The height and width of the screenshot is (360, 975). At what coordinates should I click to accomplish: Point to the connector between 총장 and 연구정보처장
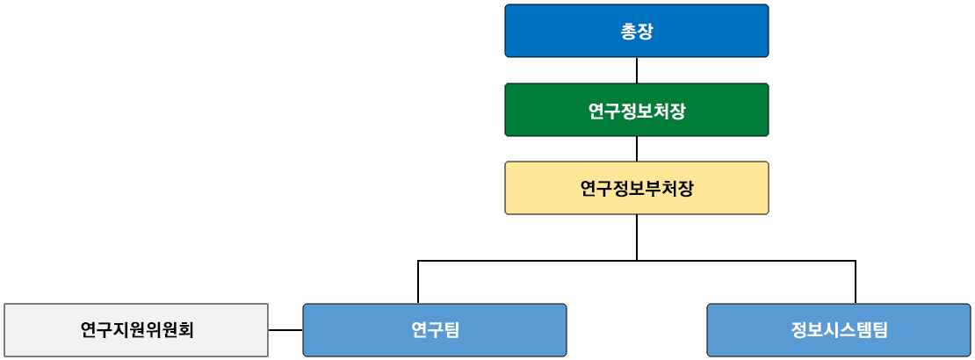[637, 70]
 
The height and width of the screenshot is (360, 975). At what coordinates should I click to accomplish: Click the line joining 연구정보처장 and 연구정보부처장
[637, 148]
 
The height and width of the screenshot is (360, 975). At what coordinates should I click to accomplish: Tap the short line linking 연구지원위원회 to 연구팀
[285, 330]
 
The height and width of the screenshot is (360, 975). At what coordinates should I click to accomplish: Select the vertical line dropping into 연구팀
[418, 283]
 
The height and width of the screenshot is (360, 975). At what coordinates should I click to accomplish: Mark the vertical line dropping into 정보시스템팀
[856, 283]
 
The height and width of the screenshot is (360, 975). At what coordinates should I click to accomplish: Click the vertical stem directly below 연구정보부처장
[637, 237]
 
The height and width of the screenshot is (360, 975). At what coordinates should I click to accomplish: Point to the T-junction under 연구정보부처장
[637, 261]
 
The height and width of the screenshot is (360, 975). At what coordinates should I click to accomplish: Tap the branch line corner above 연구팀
[418, 261]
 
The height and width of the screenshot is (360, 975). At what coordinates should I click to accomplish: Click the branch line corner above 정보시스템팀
[856, 261]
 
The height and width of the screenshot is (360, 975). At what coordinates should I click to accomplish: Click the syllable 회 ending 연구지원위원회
[185, 330]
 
